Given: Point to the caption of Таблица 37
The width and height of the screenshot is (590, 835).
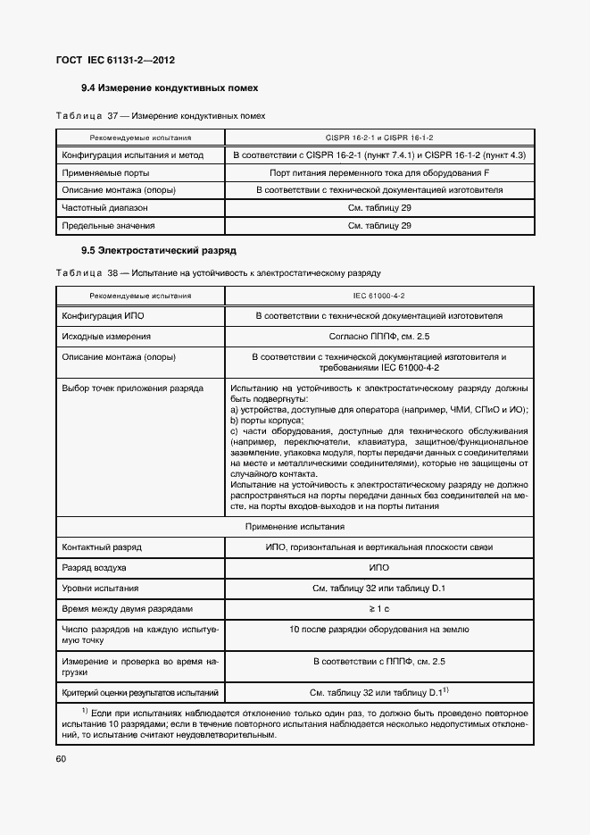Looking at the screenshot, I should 160,116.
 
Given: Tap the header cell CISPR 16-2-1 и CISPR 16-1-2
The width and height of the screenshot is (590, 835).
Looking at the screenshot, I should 379,138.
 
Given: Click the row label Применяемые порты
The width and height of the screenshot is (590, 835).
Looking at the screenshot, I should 104,172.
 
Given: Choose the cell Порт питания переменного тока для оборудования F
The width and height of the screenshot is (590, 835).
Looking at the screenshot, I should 379,172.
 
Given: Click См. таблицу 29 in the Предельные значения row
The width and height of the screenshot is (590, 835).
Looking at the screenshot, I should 379,225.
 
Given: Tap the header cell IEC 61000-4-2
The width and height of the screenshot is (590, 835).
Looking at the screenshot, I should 379,295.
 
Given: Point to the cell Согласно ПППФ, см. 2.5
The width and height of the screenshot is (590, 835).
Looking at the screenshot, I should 379,337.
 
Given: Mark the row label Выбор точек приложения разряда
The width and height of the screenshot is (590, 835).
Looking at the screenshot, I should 132,388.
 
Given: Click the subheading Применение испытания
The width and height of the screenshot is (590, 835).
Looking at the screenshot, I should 295,527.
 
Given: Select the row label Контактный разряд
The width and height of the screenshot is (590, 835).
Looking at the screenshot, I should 101,547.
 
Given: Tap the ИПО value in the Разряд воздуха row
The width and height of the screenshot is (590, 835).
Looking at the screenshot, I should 379,567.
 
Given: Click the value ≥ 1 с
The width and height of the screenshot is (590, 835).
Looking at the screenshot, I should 379,608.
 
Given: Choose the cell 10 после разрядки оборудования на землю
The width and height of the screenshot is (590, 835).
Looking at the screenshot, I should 379,630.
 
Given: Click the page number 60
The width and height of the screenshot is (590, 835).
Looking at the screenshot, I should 61,758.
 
